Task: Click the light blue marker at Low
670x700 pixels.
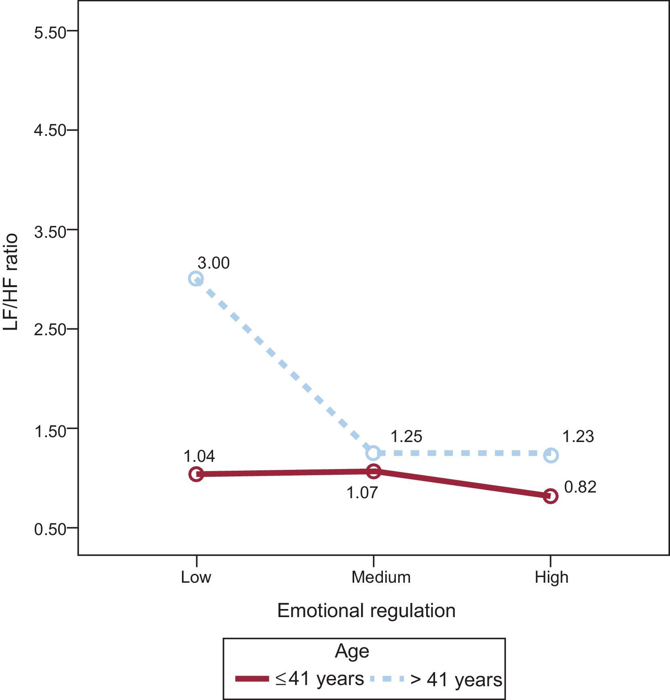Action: tap(196, 279)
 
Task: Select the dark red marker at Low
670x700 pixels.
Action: tap(196, 474)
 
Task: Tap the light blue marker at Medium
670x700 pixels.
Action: tap(373, 453)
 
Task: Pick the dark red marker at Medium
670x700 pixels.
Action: tap(373, 471)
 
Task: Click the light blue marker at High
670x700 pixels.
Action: tap(551, 455)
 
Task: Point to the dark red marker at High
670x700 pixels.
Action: tap(551, 496)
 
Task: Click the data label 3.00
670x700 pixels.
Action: tap(213, 263)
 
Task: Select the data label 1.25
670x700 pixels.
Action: tap(406, 437)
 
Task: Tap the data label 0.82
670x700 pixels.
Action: tap(580, 487)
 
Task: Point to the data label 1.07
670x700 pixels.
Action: tap(362, 493)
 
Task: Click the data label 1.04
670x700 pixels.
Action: tap(199, 456)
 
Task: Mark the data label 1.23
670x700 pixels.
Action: tap(578, 437)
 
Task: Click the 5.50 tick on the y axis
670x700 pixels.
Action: tap(50, 32)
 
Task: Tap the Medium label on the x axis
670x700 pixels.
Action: tap(381, 577)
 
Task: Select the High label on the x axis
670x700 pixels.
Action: tap(551, 577)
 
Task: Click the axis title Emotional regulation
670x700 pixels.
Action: tap(366, 611)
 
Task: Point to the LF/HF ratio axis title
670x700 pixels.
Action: tap(11, 282)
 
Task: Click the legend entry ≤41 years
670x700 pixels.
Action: tap(319, 679)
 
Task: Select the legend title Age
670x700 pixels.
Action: tap(352, 651)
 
